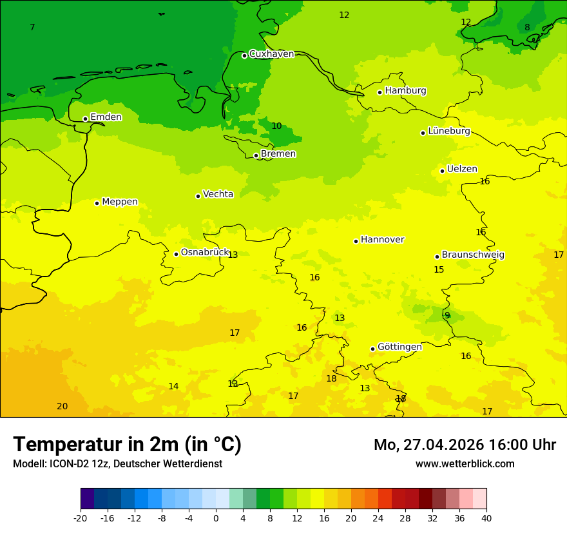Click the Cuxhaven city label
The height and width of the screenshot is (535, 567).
(271, 54)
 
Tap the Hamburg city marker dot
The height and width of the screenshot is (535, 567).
(380, 92)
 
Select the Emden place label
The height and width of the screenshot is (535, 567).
(106, 117)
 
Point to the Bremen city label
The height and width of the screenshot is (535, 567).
(278, 154)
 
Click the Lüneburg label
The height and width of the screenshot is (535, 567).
(449, 131)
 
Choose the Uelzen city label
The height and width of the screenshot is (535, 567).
(462, 170)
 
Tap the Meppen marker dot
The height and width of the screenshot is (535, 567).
(97, 203)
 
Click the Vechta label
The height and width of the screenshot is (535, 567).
(218, 194)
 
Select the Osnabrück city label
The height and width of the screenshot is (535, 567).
(205, 253)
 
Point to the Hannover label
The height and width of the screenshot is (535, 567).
(382, 240)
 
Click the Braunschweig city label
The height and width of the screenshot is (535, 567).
(473, 255)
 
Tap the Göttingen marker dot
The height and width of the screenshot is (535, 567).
(372, 349)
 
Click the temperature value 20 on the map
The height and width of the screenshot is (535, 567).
(62, 407)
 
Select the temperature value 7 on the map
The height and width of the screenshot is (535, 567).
(32, 27)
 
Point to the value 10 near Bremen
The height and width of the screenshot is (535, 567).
(276, 126)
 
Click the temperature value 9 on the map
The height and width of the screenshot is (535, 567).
(447, 316)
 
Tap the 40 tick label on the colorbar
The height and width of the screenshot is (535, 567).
(486, 518)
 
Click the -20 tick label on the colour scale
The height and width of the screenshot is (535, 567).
(81, 518)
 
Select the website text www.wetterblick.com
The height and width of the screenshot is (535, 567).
(465, 464)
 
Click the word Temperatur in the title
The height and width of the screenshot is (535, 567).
(68, 445)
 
